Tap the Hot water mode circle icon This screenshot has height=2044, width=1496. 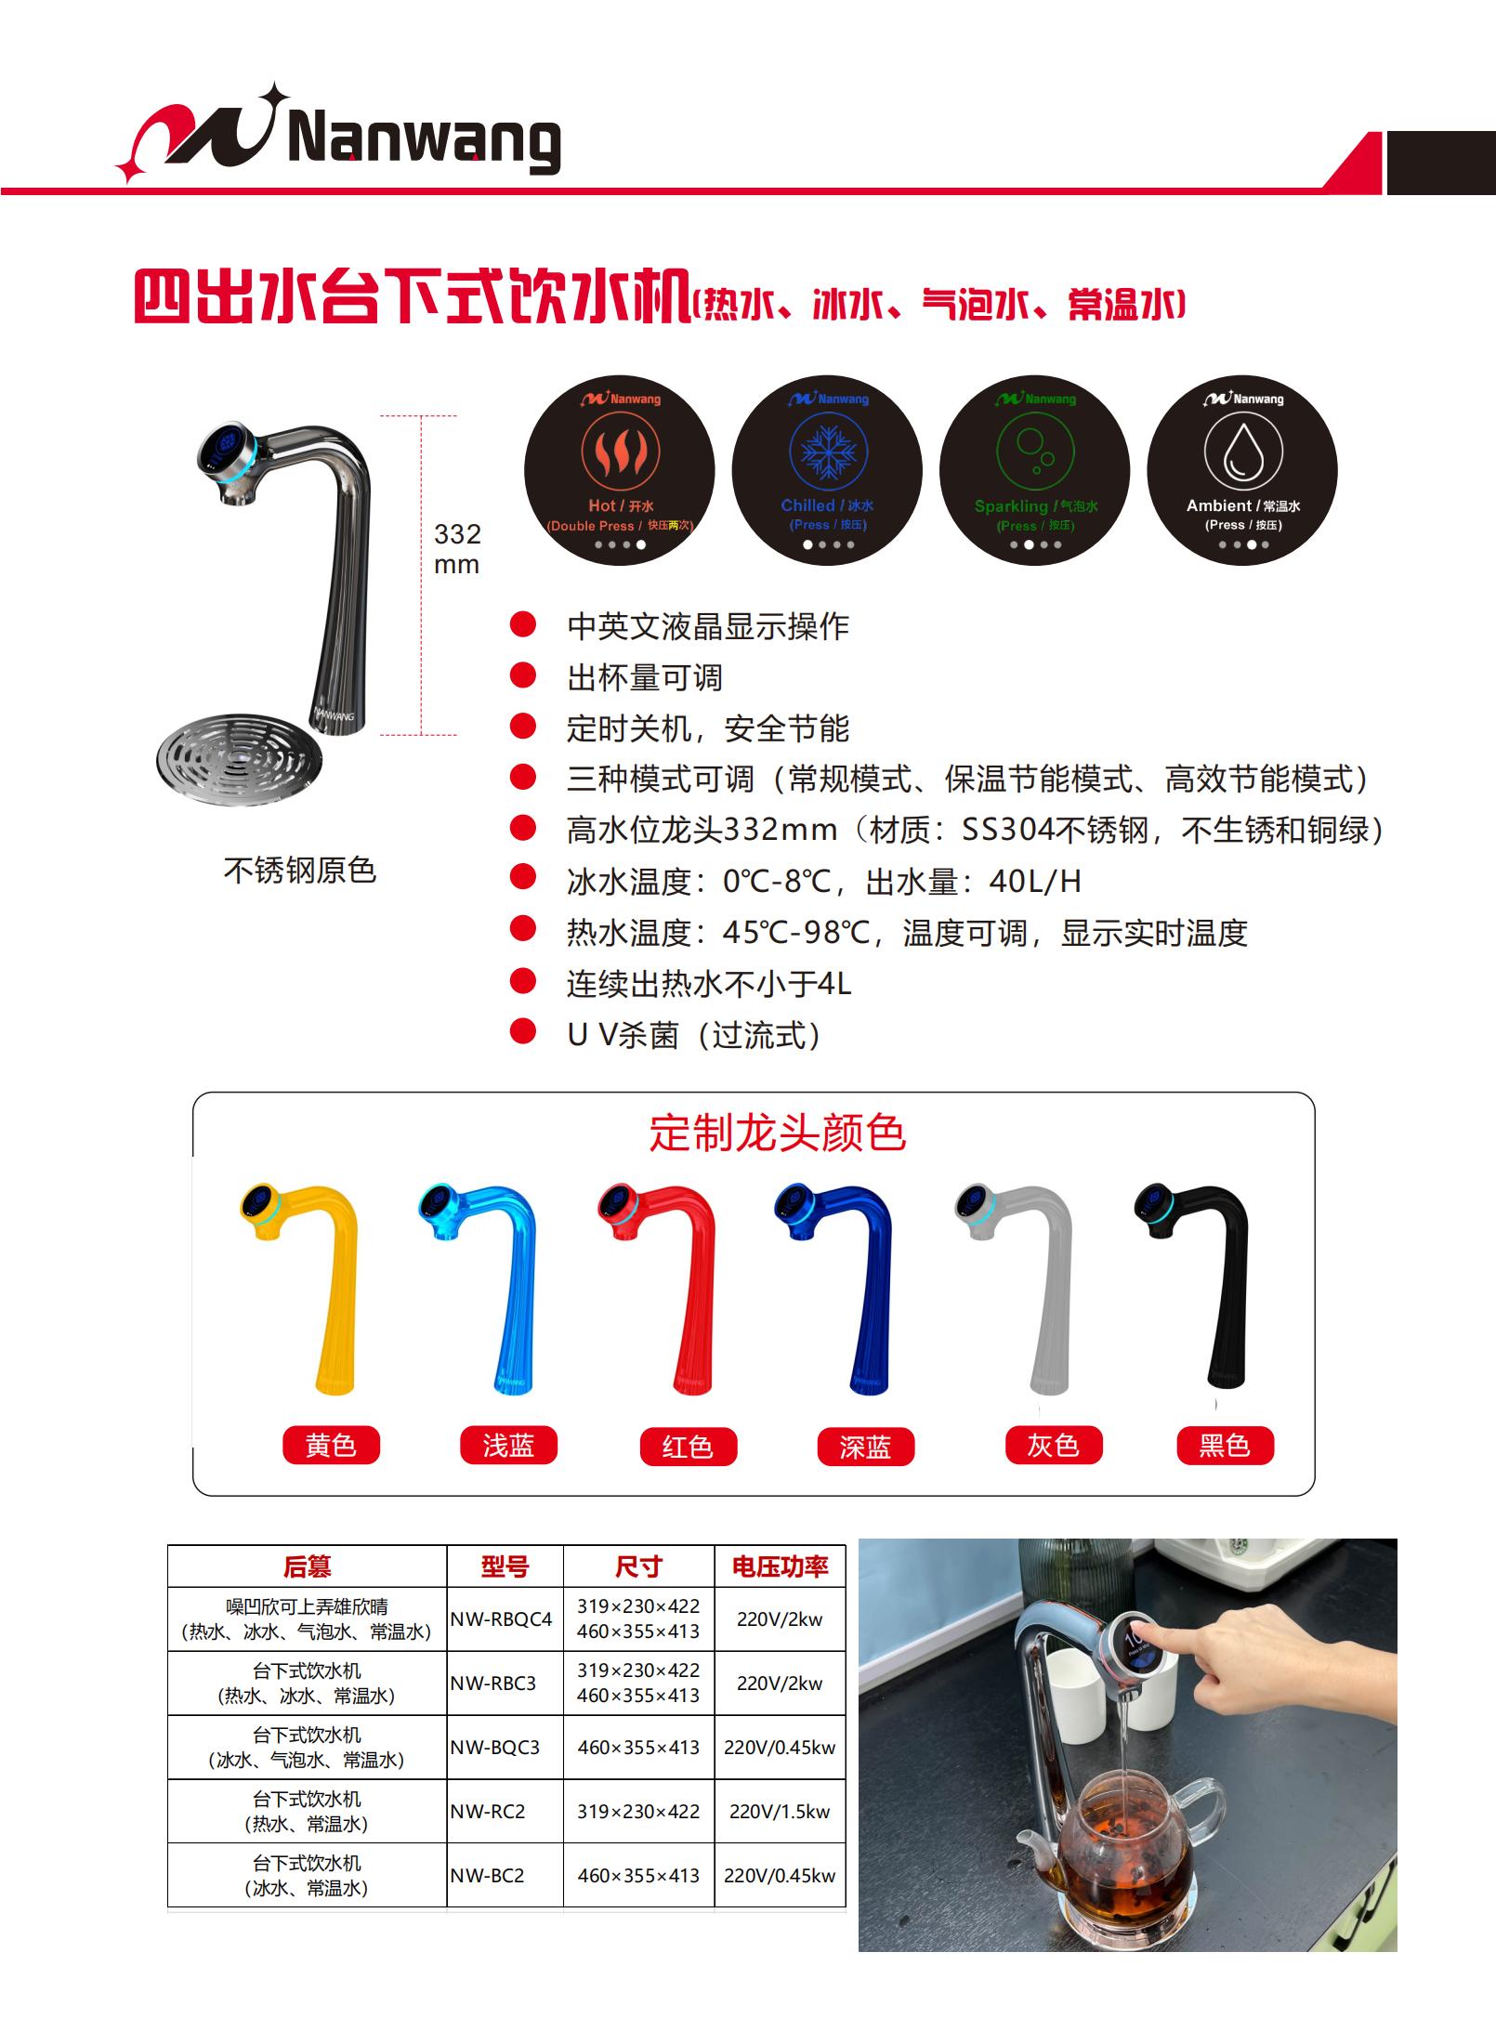620,470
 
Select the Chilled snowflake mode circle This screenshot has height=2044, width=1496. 827,470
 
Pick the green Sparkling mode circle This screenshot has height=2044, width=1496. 1034,470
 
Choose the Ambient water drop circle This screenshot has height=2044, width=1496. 1242,470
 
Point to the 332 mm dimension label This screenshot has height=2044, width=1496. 457,549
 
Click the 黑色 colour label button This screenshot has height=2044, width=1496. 1225,1446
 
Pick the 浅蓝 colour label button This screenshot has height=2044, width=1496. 508,1446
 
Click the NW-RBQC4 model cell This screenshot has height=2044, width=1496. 502,1619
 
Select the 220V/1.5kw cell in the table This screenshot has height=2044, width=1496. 780,1812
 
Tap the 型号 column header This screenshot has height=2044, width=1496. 505,1567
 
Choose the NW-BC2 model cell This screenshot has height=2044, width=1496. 488,1876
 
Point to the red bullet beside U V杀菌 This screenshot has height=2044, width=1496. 523,1031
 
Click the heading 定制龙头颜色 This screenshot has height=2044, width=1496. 777,1133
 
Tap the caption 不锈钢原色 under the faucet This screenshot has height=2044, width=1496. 300,871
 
